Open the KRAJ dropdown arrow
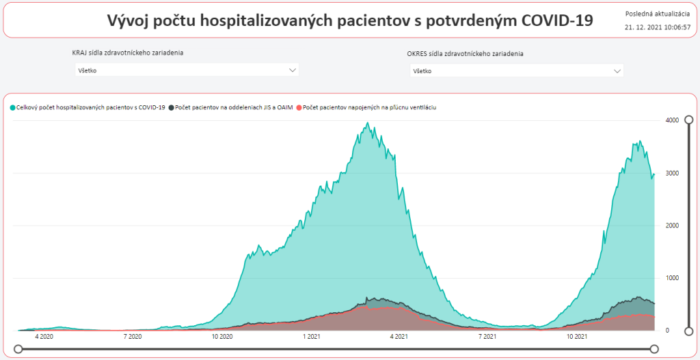(x=293, y=70)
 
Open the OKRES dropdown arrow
(x=618, y=70)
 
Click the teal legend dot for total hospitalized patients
(x=12, y=107)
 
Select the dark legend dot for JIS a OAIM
(x=171, y=107)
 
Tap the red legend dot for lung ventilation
(x=299, y=107)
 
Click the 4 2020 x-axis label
(x=44, y=336)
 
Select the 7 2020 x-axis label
(x=133, y=336)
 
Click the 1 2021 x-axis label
(x=312, y=336)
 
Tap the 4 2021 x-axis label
(x=399, y=336)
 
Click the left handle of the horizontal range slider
(x=18, y=349)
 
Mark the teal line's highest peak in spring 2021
(x=368, y=123)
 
